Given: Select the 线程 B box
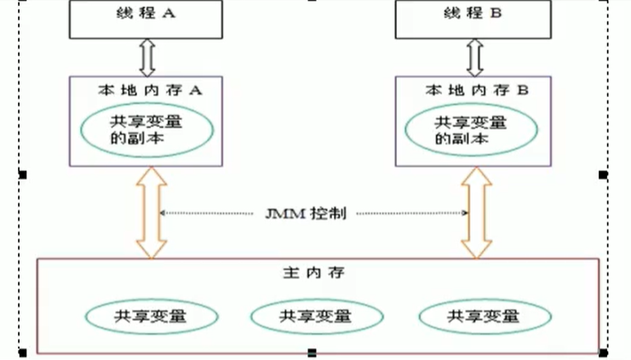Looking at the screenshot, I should tap(469, 20).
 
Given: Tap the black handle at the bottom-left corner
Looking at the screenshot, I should tap(23, 352).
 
